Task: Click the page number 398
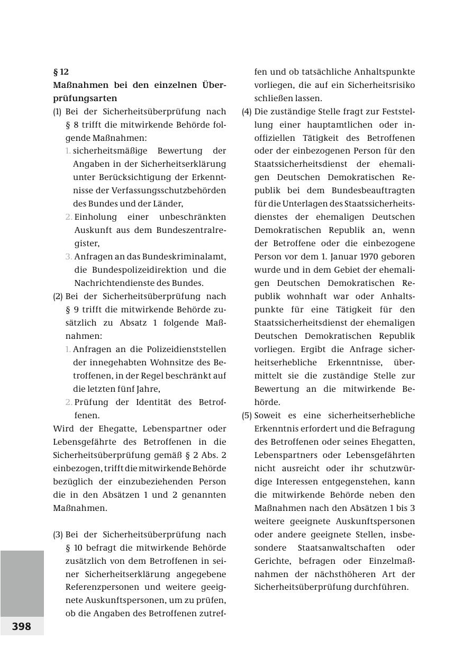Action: pos(22,626)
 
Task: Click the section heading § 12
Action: pos(61,71)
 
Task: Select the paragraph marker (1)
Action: pos(57,111)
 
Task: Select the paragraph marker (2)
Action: pos(58,296)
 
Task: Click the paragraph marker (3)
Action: pos(58,534)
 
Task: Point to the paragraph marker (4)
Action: pos(247,111)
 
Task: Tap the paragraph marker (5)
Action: pos(247,415)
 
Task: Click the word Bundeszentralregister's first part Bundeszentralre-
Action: pos(191,230)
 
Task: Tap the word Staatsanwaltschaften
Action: pos(339,547)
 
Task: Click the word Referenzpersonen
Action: pos(98,587)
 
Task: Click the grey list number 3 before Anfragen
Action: pos(69,256)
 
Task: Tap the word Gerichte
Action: pos(272,561)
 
